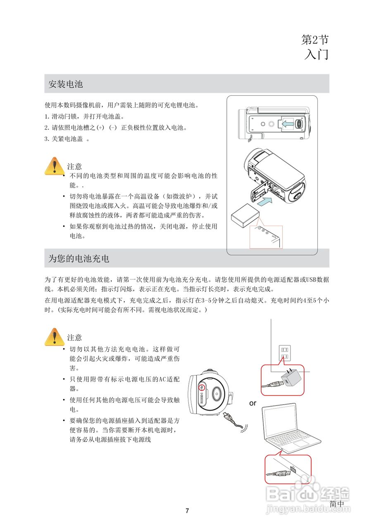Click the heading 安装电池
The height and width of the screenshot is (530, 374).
(x=66, y=84)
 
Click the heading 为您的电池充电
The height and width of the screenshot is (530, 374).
(x=79, y=259)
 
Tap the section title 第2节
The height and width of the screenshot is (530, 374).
(x=315, y=40)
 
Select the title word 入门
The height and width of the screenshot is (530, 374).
(x=316, y=54)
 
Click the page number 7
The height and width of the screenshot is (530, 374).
(x=187, y=511)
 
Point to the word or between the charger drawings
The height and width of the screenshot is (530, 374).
(x=253, y=403)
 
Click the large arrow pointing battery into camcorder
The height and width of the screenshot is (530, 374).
(x=264, y=202)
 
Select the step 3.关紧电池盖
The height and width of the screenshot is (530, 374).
(x=67, y=139)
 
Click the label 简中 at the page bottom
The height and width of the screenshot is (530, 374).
(x=336, y=504)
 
